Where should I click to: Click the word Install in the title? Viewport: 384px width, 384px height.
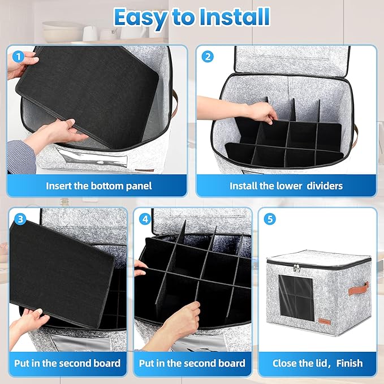point(235,17)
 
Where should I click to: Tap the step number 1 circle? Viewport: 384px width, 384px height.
point(18,57)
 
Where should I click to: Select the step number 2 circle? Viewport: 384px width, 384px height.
point(208,57)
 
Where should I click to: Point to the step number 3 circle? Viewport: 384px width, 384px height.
point(20,219)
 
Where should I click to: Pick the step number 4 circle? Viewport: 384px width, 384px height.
point(145,219)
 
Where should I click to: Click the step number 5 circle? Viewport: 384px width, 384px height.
point(270,219)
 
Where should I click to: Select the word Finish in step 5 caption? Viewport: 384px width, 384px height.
point(350,363)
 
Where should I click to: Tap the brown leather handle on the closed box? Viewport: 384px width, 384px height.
point(359,289)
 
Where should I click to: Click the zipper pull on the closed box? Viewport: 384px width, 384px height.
point(296,267)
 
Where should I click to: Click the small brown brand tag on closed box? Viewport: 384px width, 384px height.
point(325,322)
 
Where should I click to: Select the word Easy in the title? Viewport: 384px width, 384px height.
point(140,18)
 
